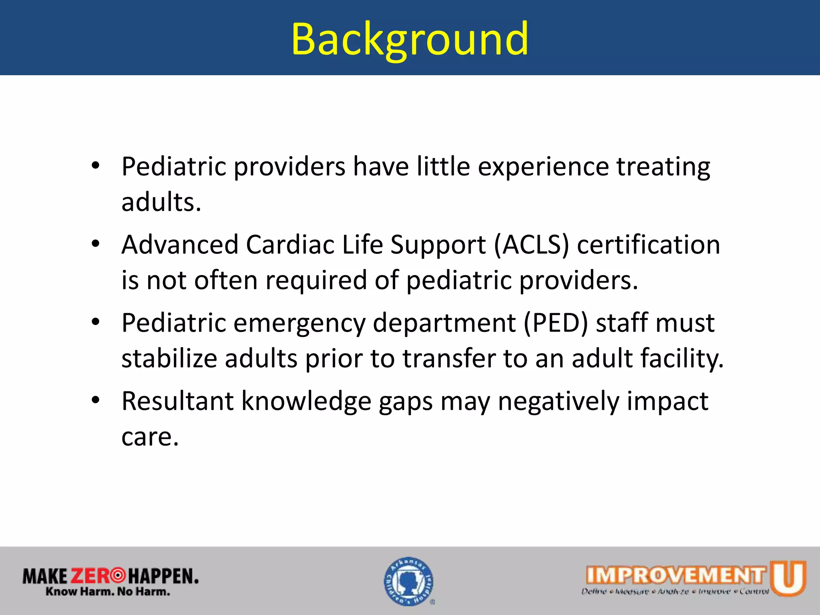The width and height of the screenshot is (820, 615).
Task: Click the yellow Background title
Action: coord(410,39)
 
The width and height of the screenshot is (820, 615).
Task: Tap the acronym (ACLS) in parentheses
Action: coord(531,245)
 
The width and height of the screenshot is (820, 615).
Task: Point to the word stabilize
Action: coord(169,358)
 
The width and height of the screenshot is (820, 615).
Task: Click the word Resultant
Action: coord(177,401)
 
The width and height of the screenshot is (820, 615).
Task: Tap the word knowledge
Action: coord(306,401)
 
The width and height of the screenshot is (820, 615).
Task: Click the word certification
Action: coord(648,245)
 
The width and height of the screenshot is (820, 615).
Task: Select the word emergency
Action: coord(299,323)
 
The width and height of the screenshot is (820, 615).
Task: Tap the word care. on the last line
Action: coord(150,437)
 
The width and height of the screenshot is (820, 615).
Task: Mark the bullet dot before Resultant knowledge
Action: coord(95,400)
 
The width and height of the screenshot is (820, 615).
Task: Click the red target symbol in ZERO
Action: coord(118,576)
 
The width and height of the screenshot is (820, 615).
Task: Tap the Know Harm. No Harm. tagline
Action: coord(108,591)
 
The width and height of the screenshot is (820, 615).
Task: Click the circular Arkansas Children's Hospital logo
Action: coord(409,581)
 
